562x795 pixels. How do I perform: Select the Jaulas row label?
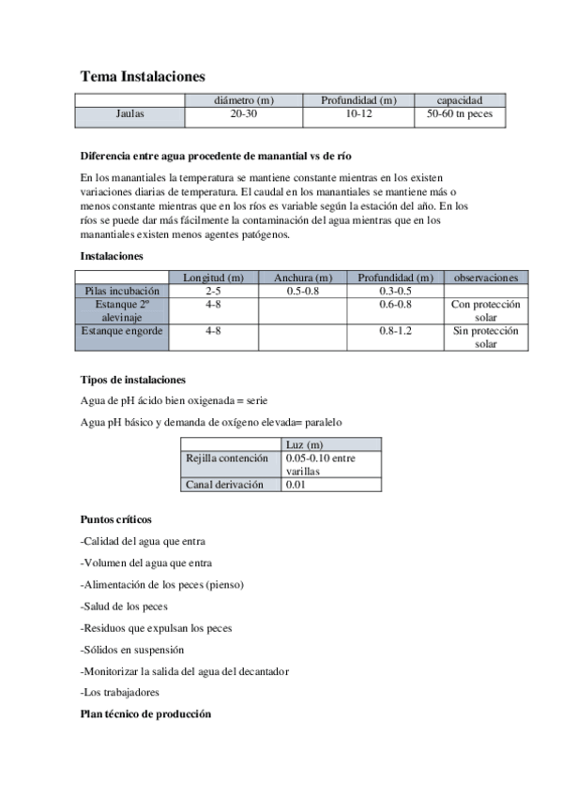pos(129,114)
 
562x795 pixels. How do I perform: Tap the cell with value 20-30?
pos(243,114)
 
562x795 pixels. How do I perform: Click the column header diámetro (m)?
pos(243,100)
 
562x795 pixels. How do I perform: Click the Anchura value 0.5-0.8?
pos(302,292)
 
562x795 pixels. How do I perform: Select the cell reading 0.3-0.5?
pos(395,292)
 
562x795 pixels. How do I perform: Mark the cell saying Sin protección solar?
pos(485,337)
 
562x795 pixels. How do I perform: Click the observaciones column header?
pos(485,277)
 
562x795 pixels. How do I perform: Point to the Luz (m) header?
pos(304,443)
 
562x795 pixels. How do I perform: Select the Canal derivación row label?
pos(229,485)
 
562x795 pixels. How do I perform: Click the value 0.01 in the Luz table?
pos(296,485)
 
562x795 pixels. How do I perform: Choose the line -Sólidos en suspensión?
pos(132,649)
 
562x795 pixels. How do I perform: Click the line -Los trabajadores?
pos(120,693)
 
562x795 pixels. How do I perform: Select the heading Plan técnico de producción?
pos(145,713)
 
